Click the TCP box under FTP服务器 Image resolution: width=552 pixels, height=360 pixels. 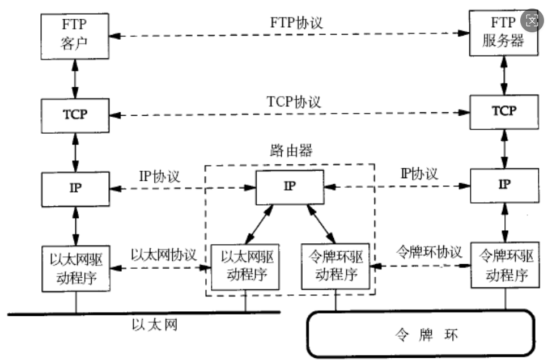tap(503, 111)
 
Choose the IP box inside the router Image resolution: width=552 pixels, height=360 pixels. tap(289, 187)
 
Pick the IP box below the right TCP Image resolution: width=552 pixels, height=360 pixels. tap(503, 185)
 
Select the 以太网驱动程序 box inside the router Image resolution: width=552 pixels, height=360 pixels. tap(245, 268)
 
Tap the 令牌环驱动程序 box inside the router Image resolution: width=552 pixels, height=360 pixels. tap(336, 268)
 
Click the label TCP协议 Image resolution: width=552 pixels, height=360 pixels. tap(294, 102)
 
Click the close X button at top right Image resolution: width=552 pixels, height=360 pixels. tap(532, 22)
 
